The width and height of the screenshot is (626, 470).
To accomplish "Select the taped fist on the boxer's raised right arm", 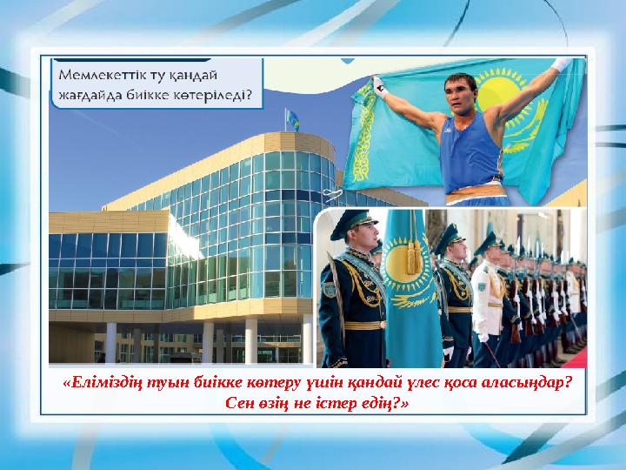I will pos(380,84).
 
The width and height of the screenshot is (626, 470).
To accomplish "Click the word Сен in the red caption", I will pos(238,404).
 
